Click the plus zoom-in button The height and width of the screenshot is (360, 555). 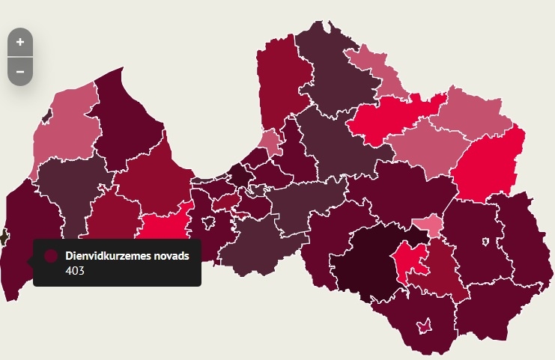20,42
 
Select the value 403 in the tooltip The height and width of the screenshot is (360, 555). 75,271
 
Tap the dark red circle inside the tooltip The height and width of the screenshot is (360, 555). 51,256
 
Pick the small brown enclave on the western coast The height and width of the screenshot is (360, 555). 3,237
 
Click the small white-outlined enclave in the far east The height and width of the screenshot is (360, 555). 486,241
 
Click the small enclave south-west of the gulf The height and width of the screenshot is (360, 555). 225,202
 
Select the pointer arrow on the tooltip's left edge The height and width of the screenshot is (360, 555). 31,260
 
